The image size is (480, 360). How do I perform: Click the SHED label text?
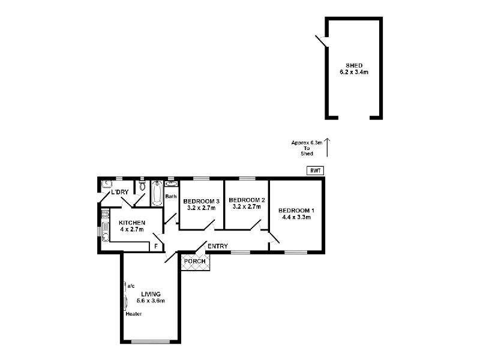[353, 65]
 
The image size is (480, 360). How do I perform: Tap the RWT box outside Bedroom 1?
[315, 170]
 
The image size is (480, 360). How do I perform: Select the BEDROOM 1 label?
[296, 211]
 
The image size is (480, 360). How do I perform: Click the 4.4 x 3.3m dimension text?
[296, 218]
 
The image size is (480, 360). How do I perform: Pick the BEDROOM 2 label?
[247, 200]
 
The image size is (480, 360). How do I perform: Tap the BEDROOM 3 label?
[201, 200]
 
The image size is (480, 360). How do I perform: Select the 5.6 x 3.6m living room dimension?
[150, 301]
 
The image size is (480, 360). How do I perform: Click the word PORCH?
[195, 262]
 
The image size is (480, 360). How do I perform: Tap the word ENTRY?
[217, 247]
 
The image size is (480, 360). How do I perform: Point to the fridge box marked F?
[156, 246]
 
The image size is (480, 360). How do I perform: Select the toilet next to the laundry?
[141, 186]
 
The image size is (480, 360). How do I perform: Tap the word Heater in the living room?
[134, 314]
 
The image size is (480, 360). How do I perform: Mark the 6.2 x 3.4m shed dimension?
[353, 73]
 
